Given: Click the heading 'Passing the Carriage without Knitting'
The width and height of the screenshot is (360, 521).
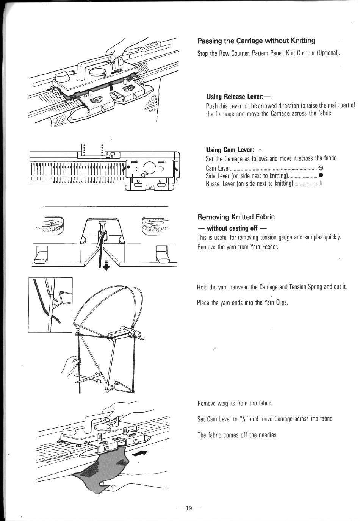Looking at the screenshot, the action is tap(256, 41).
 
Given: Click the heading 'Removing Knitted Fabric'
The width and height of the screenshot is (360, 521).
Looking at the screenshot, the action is tap(236, 217).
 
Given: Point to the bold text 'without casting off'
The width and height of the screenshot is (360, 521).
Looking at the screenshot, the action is tap(232, 228).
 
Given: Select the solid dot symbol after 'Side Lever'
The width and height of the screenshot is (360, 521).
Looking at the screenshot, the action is tap(321, 175).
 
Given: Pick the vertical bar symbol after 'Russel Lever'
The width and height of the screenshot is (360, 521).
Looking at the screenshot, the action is tap(321, 183).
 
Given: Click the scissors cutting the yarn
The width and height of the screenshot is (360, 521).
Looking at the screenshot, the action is tap(88, 377).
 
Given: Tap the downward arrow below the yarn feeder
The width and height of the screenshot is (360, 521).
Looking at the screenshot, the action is tap(106, 265).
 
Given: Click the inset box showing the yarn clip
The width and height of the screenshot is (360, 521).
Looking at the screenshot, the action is tap(50, 305).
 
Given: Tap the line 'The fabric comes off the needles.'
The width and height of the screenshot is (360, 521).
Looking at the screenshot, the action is tap(238, 435).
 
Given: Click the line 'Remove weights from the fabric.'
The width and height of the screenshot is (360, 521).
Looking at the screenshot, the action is tap(235, 403).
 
